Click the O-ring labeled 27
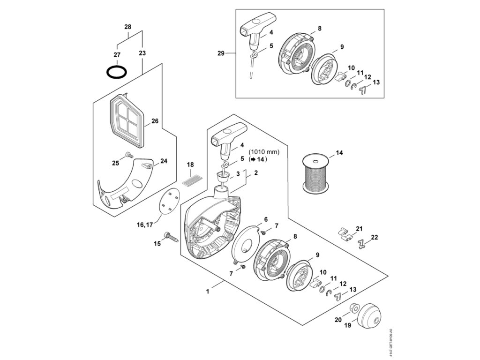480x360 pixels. tap(116, 72)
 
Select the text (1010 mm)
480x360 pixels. tap(264, 151)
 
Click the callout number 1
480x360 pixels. tap(207, 291)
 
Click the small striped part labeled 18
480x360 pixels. tap(191, 180)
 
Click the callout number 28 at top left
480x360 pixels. tap(127, 27)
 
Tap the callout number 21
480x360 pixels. tap(360, 228)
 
